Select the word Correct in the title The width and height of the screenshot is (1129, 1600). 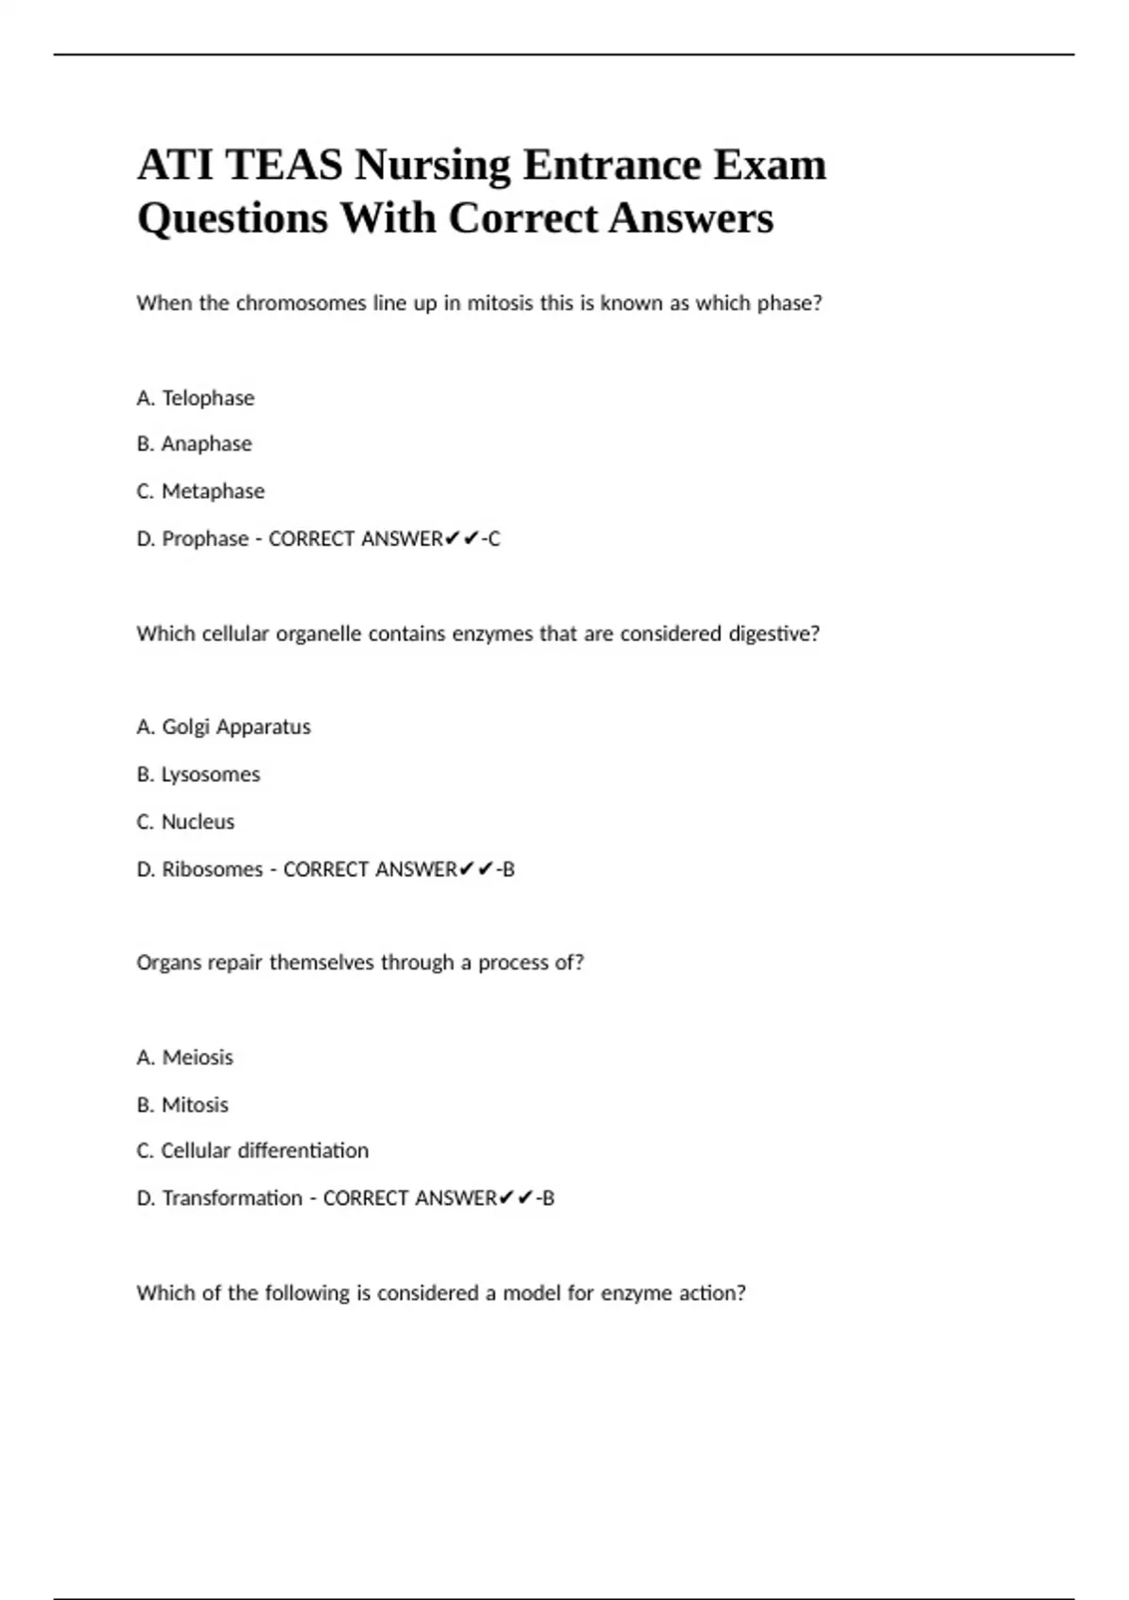pos(523,218)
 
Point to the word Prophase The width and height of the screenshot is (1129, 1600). pos(205,539)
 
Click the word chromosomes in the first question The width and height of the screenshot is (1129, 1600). pos(300,303)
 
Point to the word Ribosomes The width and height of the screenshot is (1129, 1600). pos(212,870)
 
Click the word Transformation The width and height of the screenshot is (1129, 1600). pos(231,1198)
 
